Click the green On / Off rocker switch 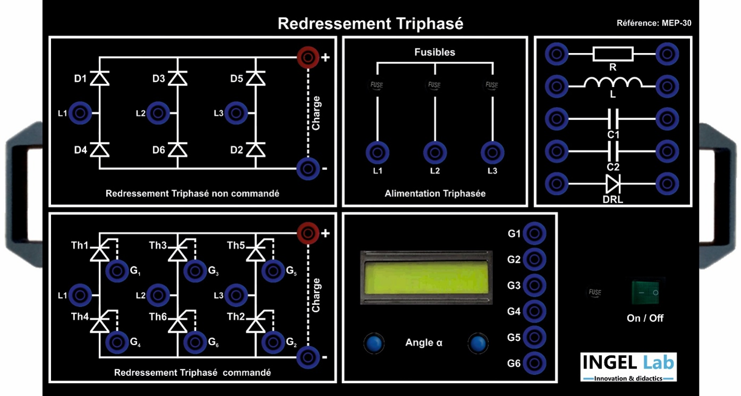[648, 292]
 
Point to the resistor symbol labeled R [613, 54]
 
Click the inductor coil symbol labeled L [613, 83]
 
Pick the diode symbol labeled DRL [613, 184]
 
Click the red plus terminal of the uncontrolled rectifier [307, 56]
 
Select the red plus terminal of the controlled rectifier [307, 232]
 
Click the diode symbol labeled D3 [177, 79]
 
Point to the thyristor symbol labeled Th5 [256, 252]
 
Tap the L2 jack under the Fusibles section [435, 153]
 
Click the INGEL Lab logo [628, 366]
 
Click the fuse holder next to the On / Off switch [594, 292]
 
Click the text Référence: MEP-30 [654, 23]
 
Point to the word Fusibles [435, 53]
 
